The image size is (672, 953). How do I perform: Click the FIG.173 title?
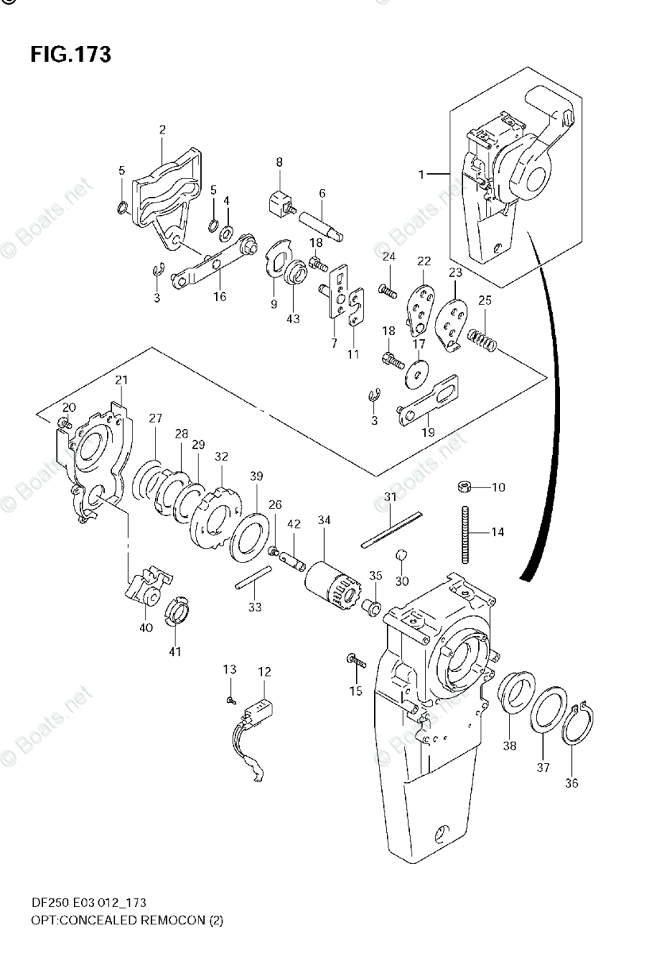pos(71,55)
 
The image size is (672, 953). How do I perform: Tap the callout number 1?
pos(423,172)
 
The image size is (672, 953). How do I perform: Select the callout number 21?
pos(120,381)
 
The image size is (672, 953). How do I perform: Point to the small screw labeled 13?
pos(230,700)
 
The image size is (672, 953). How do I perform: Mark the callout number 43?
pos(294,319)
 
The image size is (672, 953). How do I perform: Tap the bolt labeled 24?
pos(388,291)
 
